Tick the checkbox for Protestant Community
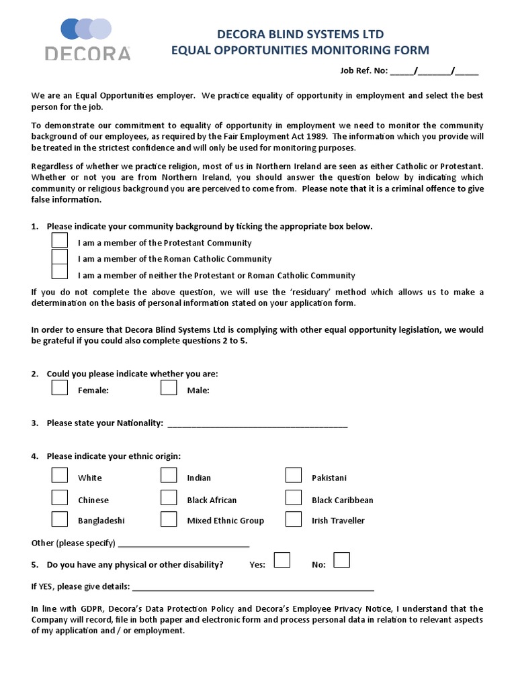point(60,241)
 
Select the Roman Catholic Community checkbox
point(60,257)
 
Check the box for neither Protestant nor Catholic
point(60,272)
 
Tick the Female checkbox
point(60,388)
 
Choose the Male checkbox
point(169,388)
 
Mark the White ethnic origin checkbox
point(60,476)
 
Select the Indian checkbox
point(169,476)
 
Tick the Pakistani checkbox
point(294,476)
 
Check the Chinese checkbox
point(60,498)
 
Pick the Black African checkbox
point(169,498)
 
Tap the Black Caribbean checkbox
point(294,498)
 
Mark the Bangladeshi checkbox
point(60,519)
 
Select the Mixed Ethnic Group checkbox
point(169,519)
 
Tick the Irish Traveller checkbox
point(294,519)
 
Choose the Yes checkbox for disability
point(282,560)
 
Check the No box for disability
point(342,560)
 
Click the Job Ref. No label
point(361,71)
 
